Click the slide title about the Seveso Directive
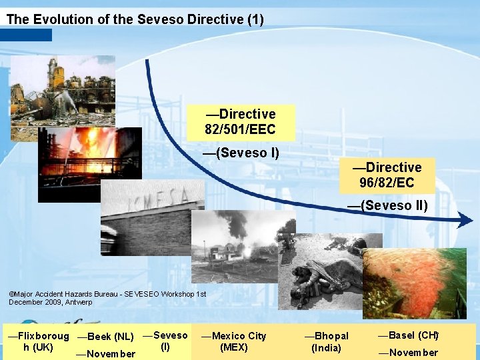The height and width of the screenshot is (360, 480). coord(135,19)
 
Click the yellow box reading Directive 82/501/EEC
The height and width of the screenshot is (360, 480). coord(241,121)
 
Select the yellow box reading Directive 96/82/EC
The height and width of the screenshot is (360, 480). coord(390,175)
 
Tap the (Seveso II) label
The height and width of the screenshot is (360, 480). coord(387,205)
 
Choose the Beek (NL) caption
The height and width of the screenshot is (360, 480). coord(105,337)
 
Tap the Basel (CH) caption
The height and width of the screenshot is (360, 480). coord(408,335)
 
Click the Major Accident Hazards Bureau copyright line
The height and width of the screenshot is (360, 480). coord(107,298)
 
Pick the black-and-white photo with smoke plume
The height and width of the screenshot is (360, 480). coord(233,247)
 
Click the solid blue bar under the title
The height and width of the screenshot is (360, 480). coord(26,35)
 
